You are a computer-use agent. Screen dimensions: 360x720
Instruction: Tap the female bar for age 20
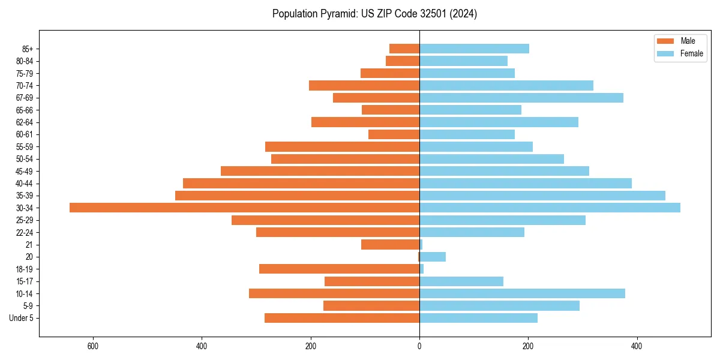(x=433, y=257)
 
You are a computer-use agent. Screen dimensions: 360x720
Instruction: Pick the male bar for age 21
(x=390, y=245)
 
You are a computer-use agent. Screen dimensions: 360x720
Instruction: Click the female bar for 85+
(x=474, y=49)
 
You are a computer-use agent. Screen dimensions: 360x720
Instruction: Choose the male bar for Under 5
(x=342, y=318)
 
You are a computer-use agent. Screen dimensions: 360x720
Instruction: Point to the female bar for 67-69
(x=521, y=98)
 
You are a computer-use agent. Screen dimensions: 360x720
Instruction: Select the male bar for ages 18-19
(x=339, y=269)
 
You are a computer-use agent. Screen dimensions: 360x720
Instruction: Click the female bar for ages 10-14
(x=522, y=293)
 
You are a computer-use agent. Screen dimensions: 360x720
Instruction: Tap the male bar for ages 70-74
(x=364, y=85)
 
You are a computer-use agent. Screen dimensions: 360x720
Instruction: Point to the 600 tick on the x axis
(x=92, y=346)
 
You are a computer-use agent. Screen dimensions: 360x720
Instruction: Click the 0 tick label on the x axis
(x=419, y=346)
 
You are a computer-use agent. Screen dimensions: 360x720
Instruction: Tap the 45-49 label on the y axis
(x=25, y=171)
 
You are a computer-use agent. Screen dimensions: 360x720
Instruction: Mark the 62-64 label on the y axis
(x=25, y=122)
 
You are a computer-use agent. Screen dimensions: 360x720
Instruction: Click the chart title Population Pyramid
(x=374, y=14)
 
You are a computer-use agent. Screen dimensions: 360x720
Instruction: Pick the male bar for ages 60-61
(x=394, y=134)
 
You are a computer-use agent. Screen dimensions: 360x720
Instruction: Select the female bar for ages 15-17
(x=461, y=281)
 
